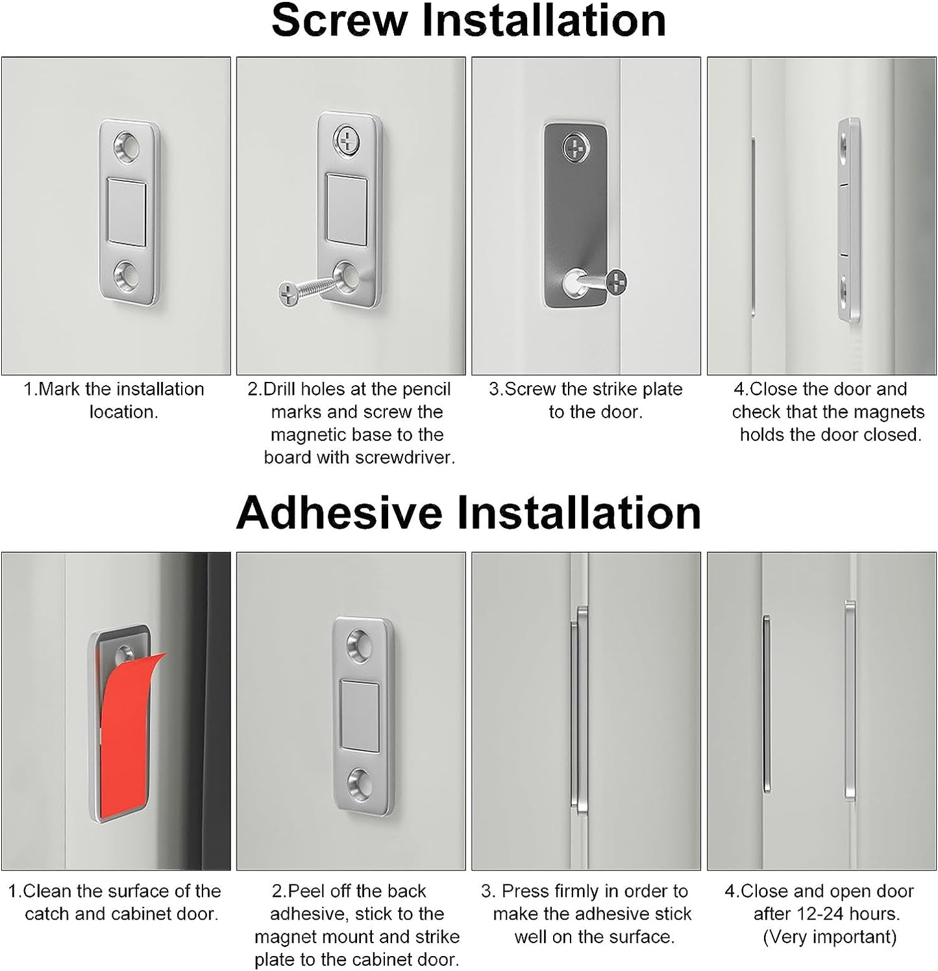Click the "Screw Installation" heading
tap(469, 21)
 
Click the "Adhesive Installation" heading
tap(469, 513)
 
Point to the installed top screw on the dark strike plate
tap(576, 148)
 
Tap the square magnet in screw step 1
tap(126, 212)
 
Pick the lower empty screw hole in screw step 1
tap(127, 276)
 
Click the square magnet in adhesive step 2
tap(362, 716)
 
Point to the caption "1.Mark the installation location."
tap(114, 401)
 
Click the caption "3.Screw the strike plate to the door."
tap(586, 401)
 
